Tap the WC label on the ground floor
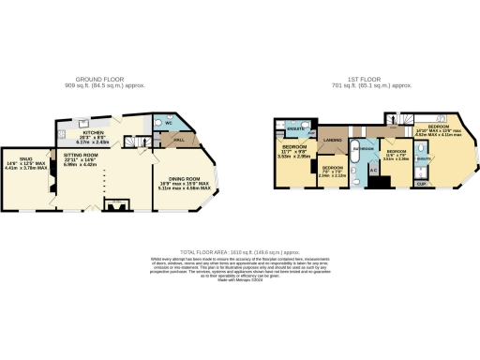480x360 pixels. tap(171, 124)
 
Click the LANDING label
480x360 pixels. tap(333, 140)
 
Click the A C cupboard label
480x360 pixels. tap(372, 169)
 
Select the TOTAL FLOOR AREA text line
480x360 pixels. tap(239, 253)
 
